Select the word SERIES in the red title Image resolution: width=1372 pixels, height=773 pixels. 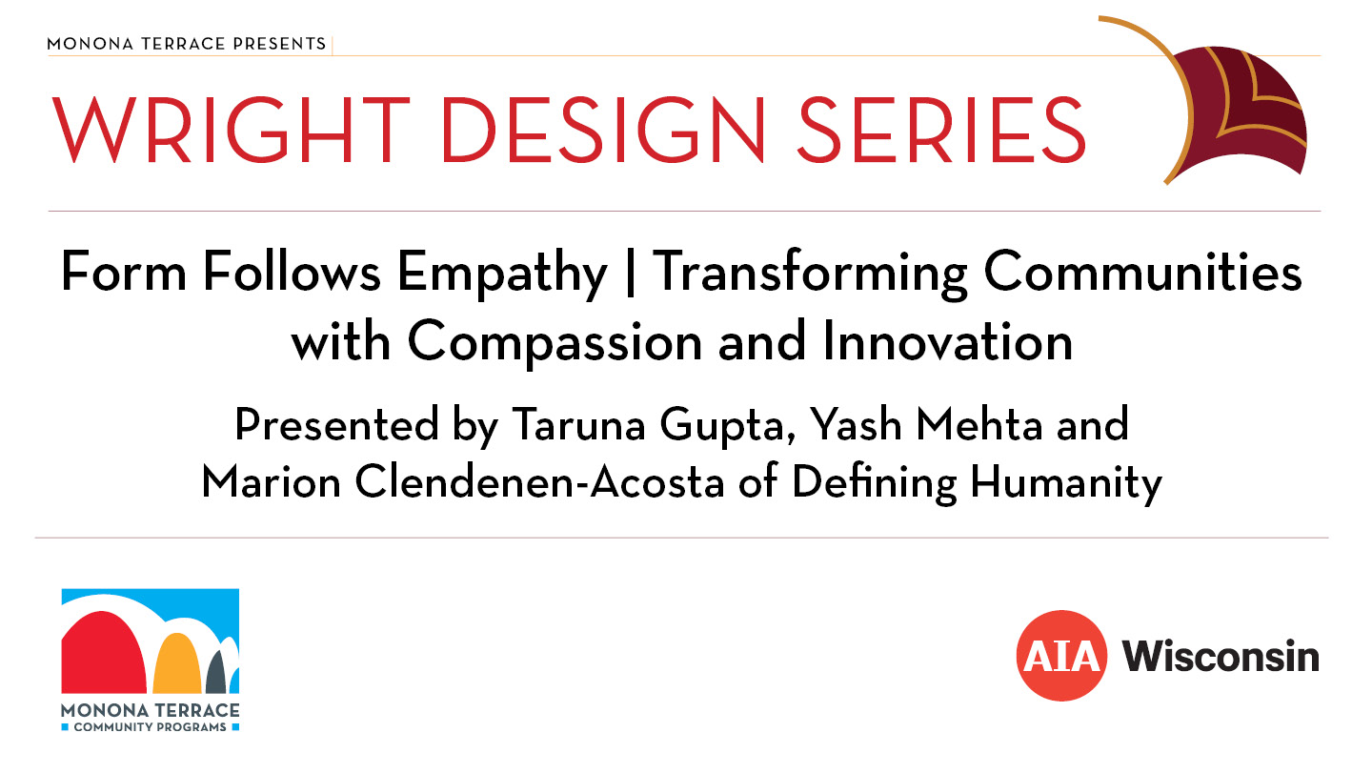point(941,130)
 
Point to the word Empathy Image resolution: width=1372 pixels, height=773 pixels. point(502,274)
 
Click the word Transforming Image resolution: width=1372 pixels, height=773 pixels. point(810,274)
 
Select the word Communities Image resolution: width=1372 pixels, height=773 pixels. point(1143,272)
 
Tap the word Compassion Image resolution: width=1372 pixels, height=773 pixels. point(555,343)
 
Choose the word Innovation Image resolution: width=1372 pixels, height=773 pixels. point(947,340)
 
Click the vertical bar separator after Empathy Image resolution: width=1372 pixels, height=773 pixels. point(631,274)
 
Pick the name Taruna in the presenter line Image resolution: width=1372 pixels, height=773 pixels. point(578,424)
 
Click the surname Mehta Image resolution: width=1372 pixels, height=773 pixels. point(979,423)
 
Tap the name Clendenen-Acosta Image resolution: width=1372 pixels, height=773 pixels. point(539,482)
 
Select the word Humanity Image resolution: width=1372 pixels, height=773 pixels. point(1066,483)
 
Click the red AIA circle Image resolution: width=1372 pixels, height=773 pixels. point(1061,656)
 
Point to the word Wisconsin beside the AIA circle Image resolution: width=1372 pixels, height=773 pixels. point(1221,656)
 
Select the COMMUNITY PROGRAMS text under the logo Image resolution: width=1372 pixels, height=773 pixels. point(151,727)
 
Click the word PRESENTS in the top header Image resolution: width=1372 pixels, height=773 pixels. point(279,44)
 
